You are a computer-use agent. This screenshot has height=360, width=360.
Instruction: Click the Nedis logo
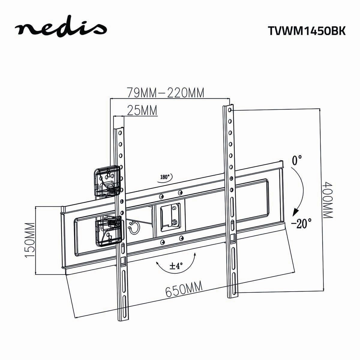[61, 29]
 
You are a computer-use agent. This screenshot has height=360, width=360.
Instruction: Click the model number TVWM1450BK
[306, 31]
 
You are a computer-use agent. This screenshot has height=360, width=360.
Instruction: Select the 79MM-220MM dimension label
[165, 92]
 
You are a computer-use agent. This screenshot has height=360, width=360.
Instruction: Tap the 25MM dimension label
[142, 110]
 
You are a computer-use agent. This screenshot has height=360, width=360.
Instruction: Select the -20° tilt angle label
[301, 223]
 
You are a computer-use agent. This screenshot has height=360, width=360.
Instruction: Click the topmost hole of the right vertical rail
[229, 110]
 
